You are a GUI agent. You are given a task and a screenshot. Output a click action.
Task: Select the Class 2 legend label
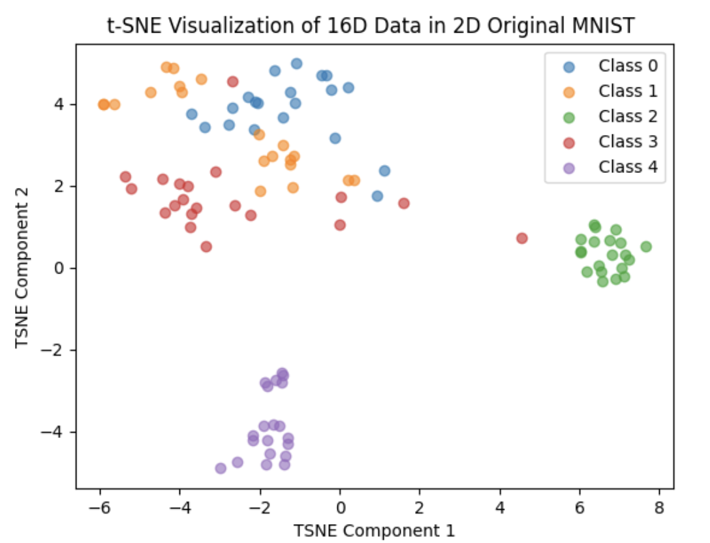[628, 116]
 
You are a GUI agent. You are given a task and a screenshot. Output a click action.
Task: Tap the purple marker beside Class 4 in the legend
[569, 168]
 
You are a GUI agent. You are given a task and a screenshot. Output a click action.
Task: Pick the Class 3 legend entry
[628, 142]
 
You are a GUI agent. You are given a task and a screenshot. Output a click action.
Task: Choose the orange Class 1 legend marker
[569, 91]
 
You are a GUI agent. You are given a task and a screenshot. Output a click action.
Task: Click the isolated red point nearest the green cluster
[522, 238]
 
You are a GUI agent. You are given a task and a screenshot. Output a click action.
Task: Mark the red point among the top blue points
[233, 82]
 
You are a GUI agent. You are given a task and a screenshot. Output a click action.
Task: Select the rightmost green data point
[646, 247]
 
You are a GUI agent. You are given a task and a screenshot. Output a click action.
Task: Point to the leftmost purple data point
[221, 468]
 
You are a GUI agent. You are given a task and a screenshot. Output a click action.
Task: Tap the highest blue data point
[296, 63]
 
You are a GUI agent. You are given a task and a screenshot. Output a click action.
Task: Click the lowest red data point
[206, 247]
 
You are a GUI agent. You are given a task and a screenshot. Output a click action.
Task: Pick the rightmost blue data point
[384, 171]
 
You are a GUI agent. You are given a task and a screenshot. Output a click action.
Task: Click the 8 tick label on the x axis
[660, 507]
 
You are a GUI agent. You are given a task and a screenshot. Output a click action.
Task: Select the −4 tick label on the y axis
[56, 432]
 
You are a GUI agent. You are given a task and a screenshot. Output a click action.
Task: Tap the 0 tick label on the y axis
[63, 268]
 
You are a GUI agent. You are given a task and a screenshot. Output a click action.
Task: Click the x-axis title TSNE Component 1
[375, 530]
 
